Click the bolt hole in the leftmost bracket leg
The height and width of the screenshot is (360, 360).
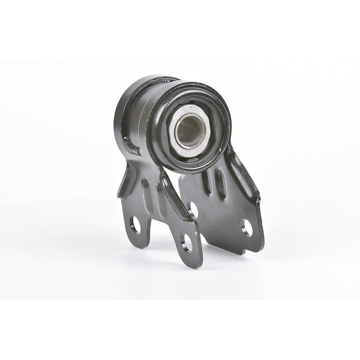[x=136, y=225]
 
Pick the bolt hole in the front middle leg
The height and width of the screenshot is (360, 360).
[x=187, y=242]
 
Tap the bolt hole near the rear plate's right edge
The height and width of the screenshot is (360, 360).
[x=247, y=227]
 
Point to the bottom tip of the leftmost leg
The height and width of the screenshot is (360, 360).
[x=139, y=245]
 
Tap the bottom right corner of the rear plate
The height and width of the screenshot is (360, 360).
[x=259, y=251]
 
